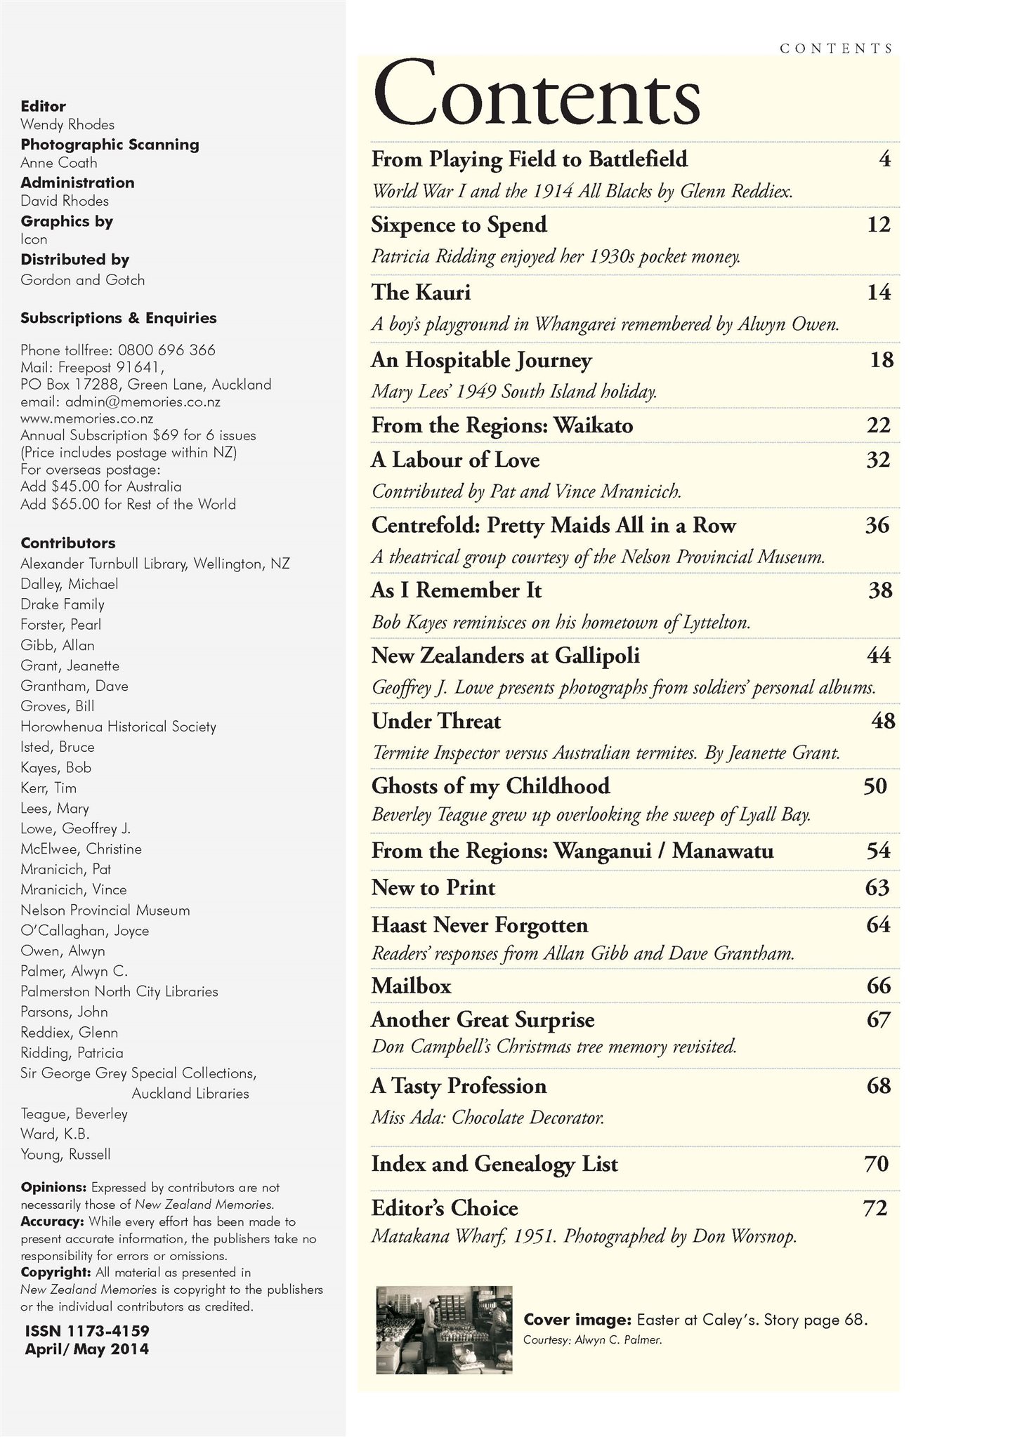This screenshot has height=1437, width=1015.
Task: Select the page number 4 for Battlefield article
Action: point(884,159)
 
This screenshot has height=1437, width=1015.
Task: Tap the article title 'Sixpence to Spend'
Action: point(459,225)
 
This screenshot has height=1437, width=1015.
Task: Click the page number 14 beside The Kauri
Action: point(878,292)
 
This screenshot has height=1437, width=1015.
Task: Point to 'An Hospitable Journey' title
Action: point(481,360)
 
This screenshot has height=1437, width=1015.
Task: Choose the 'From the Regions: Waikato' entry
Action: point(502,425)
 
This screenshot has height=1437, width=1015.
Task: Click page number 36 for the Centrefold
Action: point(877,525)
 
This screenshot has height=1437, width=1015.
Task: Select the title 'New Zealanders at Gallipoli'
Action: point(505,656)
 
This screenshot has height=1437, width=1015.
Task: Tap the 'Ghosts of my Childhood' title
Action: point(490,786)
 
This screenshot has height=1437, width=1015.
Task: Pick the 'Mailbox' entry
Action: point(411,986)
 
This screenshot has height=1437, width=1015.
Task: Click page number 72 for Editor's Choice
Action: point(875,1207)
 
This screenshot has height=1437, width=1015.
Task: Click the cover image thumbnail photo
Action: point(445,1330)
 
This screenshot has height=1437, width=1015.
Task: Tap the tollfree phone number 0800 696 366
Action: point(166,350)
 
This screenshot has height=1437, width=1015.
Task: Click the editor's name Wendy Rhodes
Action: point(67,125)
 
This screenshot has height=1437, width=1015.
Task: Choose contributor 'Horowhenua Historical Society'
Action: point(118,727)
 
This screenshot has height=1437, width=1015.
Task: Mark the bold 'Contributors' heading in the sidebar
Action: point(68,543)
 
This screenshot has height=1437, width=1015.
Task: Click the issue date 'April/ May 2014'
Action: point(87,1349)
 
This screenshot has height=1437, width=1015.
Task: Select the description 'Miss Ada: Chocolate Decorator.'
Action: point(487,1117)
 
